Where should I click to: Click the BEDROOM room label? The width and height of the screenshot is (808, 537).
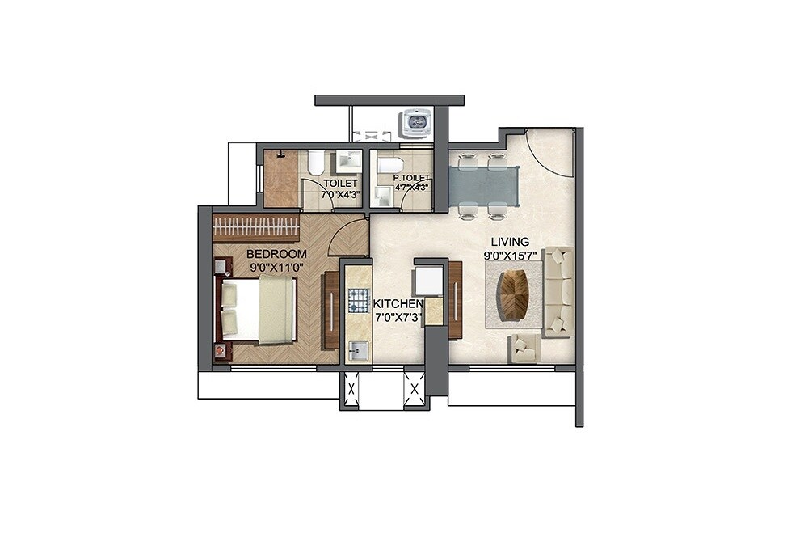pyautogui.click(x=276, y=253)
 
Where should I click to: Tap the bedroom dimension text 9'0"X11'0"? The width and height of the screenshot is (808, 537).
pyautogui.click(x=276, y=266)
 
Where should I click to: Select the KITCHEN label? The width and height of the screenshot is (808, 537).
pyautogui.click(x=398, y=303)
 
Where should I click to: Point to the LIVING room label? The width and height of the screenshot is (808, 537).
pyautogui.click(x=510, y=241)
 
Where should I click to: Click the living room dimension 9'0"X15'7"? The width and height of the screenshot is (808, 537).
pyautogui.click(x=510, y=255)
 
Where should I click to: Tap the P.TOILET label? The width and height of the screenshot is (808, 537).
pyautogui.click(x=410, y=178)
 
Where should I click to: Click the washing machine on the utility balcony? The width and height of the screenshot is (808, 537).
pyautogui.click(x=418, y=123)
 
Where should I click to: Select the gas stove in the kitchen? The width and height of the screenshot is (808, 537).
pyautogui.click(x=357, y=302)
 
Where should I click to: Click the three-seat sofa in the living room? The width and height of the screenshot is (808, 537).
pyautogui.click(x=558, y=291)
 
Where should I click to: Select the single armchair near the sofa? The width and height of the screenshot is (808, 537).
pyautogui.click(x=524, y=349)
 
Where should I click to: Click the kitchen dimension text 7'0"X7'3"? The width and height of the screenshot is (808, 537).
pyautogui.click(x=398, y=316)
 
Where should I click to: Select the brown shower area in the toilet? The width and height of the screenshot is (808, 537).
pyautogui.click(x=281, y=178)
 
